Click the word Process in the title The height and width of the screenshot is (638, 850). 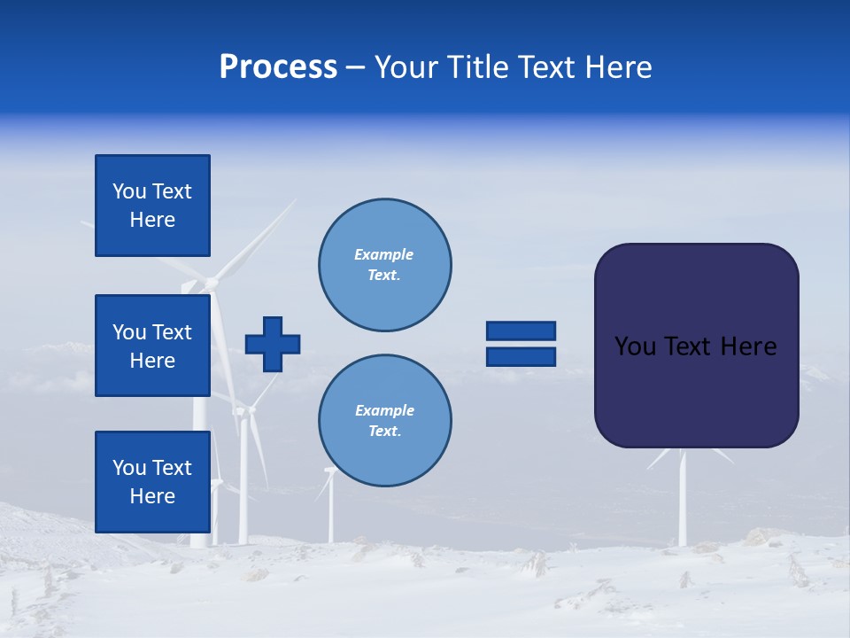278,67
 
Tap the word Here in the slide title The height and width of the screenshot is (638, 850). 616,67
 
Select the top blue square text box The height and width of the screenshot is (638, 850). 152,206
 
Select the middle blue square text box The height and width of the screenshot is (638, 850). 152,346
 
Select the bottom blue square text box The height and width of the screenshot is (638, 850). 152,481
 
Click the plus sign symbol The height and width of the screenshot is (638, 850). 273,344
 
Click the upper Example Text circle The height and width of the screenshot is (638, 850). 384,265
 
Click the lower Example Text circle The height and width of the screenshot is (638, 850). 384,420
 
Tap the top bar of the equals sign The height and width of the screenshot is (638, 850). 521,331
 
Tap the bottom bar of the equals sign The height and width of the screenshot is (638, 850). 521,357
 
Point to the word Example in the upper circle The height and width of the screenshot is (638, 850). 384,254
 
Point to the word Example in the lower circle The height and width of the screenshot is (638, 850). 384,410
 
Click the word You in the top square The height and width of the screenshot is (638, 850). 128,191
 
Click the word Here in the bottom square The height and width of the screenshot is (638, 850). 152,496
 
